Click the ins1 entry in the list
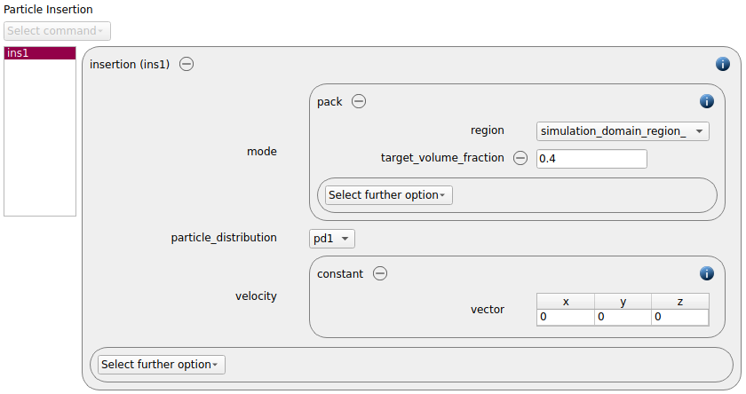40,53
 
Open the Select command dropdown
57,31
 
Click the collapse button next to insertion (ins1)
186,64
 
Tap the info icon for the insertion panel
723,64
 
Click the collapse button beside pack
359,101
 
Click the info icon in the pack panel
707,101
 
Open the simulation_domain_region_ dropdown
623,131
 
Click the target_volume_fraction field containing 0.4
591,159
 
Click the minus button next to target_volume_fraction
520,158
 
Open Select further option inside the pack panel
389,195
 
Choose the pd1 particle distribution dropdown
332,239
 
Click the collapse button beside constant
380,273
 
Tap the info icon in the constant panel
707,273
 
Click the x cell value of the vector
566,317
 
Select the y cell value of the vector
623,317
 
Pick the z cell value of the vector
680,317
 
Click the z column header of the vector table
680,302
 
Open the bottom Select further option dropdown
162,365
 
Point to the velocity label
256,296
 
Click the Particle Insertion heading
48,10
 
